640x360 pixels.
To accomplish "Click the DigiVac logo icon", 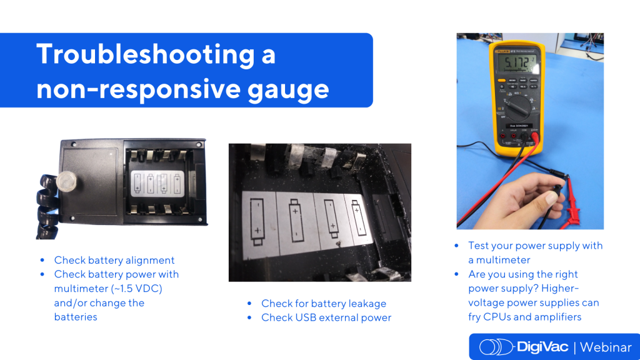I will [x=497, y=347].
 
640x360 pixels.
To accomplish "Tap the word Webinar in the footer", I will [x=609, y=347].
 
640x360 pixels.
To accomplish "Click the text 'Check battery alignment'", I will [x=114, y=260].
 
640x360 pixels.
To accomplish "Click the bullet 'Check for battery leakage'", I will [x=323, y=303].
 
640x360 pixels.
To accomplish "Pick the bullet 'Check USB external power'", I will [x=326, y=317].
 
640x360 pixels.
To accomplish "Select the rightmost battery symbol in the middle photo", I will [x=356, y=218].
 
